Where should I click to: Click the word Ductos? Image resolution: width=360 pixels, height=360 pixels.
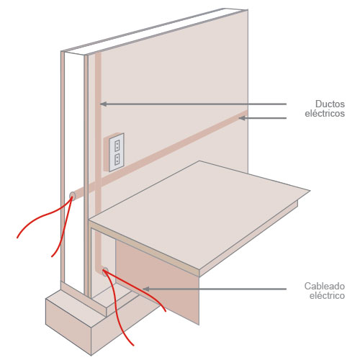point(330,104)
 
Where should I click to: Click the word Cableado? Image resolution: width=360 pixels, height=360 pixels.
point(325,286)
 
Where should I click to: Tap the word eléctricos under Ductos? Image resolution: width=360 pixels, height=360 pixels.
point(325,113)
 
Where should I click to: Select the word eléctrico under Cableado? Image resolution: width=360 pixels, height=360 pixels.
point(327,295)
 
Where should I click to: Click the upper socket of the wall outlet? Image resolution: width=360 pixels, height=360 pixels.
point(117,145)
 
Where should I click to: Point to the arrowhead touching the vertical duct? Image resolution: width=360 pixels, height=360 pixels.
point(104,104)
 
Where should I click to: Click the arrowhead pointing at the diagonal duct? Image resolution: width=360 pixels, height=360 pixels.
point(242,118)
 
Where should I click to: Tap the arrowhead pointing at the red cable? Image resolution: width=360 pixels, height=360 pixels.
point(146,289)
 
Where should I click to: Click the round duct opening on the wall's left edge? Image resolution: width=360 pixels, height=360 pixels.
point(72,196)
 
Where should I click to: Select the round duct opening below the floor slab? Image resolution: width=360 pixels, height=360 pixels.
point(105,271)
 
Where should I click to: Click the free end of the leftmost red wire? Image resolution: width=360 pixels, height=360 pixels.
point(17,238)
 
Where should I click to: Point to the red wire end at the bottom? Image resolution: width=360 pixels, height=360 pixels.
point(132,345)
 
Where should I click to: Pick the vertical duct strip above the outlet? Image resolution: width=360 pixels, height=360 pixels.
point(98,96)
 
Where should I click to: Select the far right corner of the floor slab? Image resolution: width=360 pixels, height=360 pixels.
point(310,191)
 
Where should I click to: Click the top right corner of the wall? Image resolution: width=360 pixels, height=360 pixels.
point(248,10)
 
